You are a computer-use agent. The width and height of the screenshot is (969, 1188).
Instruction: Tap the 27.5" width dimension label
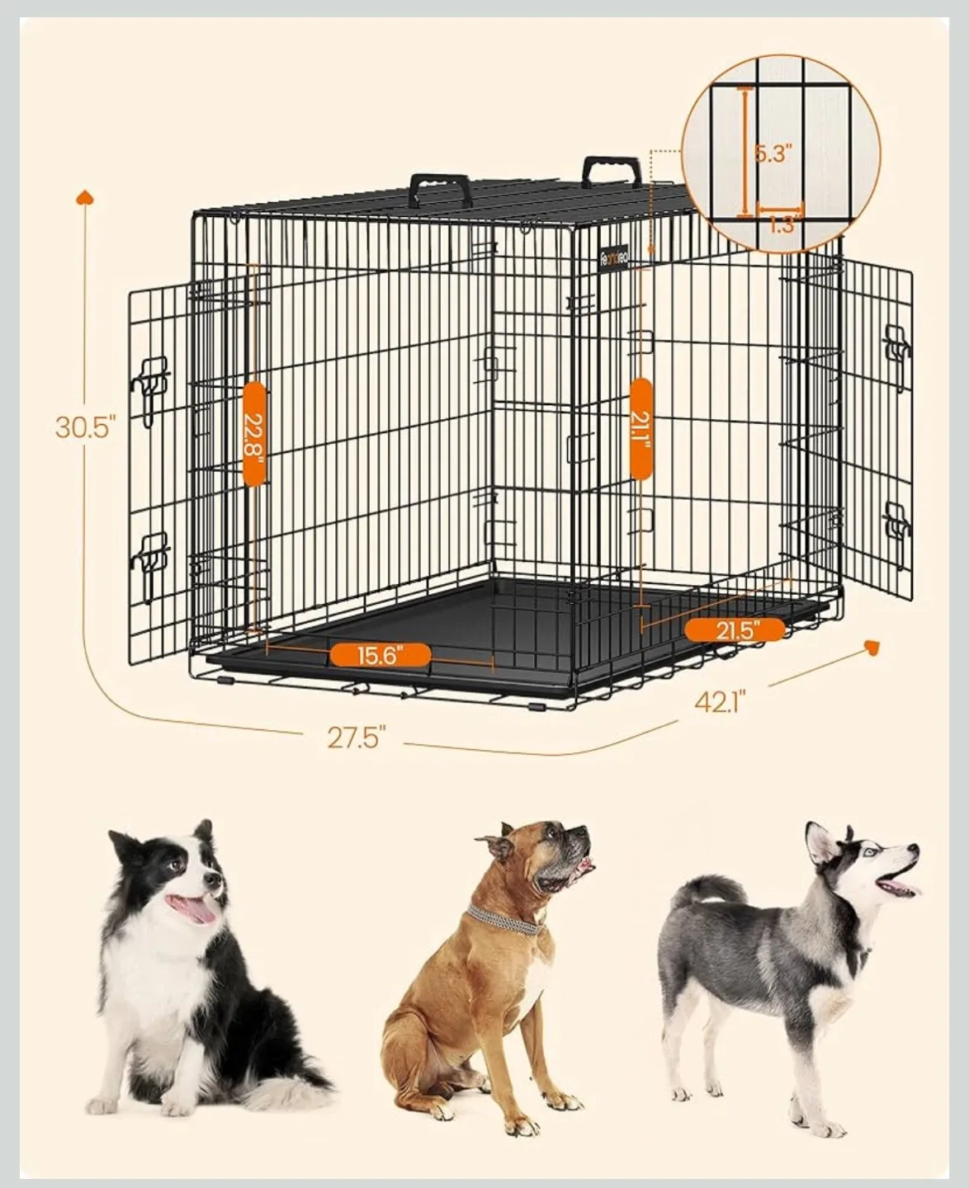click(x=357, y=737)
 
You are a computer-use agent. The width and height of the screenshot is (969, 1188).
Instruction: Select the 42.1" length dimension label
click(x=720, y=701)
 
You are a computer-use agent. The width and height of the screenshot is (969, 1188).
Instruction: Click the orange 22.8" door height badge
click(x=254, y=434)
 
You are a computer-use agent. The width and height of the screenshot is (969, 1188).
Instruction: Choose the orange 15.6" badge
click(x=381, y=656)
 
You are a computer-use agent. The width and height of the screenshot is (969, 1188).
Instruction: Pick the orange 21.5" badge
click(x=735, y=630)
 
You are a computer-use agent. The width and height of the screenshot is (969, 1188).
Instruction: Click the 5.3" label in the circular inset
click(x=773, y=153)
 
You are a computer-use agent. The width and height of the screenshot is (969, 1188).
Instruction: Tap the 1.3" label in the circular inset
click(x=781, y=224)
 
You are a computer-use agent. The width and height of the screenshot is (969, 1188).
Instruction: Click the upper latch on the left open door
click(x=151, y=382)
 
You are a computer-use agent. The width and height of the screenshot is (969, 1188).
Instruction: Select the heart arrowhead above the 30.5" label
click(x=84, y=197)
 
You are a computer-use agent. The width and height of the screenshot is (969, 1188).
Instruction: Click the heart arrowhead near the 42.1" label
click(x=871, y=646)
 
